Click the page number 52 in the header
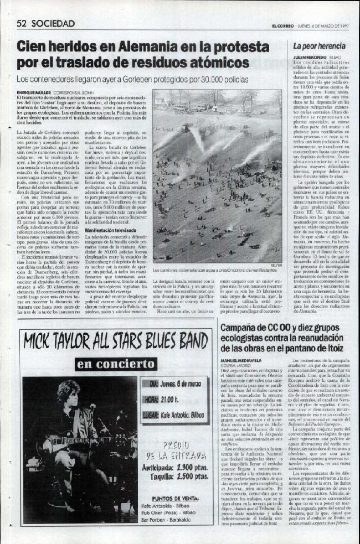(x=22, y=23)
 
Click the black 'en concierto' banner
(x=116, y=364)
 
